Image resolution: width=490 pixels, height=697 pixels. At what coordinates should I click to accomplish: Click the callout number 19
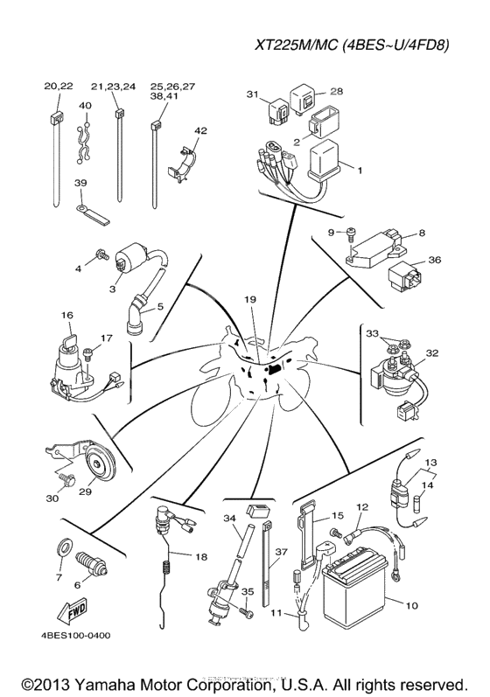[x=250, y=300]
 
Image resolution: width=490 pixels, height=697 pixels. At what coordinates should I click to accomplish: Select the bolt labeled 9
[x=350, y=232]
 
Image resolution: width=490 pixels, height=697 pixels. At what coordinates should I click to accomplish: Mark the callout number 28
[x=336, y=91]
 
